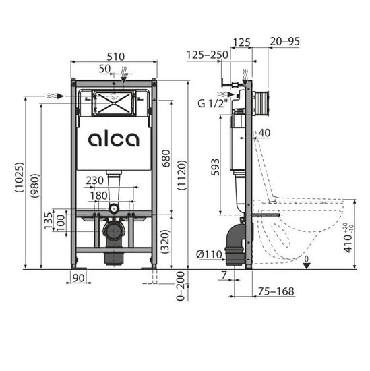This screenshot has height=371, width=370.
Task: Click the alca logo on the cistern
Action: pos(113,140)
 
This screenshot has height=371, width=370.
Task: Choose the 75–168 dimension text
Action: pos(276,291)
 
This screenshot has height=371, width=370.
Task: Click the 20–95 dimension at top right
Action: pos(283,42)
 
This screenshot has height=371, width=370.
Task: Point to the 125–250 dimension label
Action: pos(206,54)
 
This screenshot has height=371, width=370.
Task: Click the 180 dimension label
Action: pos(100,196)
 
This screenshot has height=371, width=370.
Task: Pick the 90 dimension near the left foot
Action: pos(80,278)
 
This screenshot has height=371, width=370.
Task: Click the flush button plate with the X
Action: pos(113,104)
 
